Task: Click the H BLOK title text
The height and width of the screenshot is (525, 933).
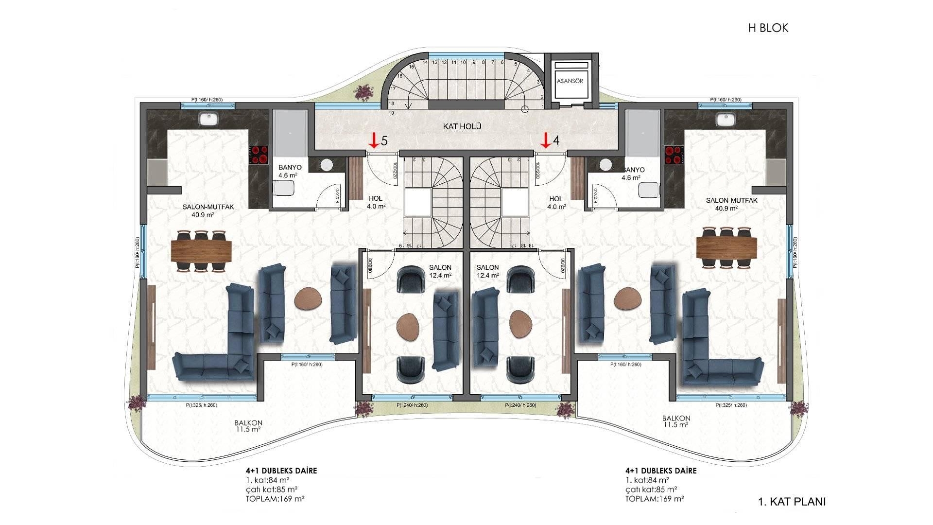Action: coord(768,28)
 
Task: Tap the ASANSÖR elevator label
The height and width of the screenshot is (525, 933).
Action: coord(570,81)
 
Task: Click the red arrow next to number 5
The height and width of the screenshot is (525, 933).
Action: coord(373,140)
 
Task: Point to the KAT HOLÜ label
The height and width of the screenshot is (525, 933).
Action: coord(462,126)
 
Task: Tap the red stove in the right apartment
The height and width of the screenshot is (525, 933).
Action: coord(674,155)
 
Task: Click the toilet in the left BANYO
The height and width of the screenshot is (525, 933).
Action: coord(283,188)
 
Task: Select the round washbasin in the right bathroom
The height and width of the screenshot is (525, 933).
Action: coord(605,165)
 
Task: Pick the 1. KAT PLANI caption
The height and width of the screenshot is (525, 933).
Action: coord(792,502)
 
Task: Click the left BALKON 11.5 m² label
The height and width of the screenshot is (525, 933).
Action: coord(248,426)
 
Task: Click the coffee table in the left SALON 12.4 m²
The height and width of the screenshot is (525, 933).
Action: coord(407,327)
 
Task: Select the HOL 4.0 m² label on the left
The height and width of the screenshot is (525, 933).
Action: coord(376,202)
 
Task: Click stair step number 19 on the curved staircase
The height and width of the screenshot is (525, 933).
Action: coord(391,113)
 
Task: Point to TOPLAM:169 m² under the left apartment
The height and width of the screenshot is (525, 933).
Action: coord(275,499)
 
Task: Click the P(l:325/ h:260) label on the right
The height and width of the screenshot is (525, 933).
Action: coord(731,405)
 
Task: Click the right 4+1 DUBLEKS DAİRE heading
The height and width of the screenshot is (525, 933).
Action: coord(661,471)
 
